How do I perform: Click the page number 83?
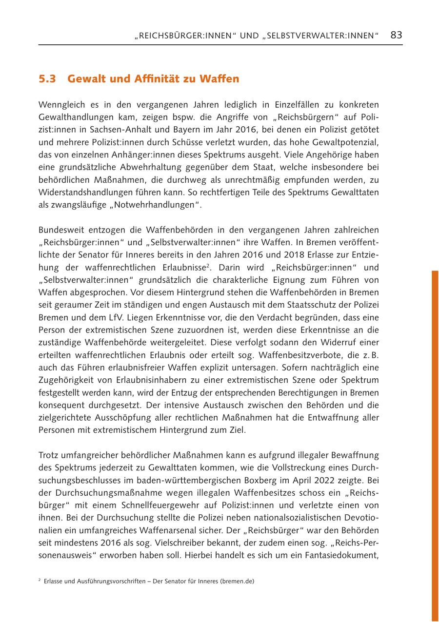pyautogui.click(x=396, y=35)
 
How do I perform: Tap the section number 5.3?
pyautogui.click(x=48, y=79)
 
